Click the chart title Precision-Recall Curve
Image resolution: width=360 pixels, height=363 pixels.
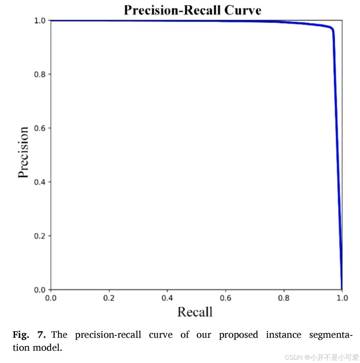[192, 10]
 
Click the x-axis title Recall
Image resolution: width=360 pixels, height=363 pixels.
[195, 312]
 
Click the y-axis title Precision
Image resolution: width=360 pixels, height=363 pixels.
[23, 152]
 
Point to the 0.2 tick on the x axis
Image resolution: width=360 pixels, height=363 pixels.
[109, 298]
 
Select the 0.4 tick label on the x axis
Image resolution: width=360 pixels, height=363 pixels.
[167, 298]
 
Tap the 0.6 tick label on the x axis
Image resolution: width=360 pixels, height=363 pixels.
[226, 298]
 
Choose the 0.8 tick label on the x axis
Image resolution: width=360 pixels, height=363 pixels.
[284, 298]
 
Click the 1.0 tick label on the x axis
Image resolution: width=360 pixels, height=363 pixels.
[342, 298]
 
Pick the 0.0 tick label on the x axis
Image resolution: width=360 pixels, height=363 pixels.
[51, 298]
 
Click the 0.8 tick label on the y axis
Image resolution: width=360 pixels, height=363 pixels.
[39, 74]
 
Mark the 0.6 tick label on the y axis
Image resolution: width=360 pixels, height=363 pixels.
[39, 128]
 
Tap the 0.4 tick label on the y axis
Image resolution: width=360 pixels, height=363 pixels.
[39, 182]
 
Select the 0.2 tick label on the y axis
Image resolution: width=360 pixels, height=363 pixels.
[39, 236]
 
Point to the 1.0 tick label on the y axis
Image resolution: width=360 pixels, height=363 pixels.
[39, 21]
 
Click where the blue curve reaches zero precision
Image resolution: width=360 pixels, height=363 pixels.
[342, 289]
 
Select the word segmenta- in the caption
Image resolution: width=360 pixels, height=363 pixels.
[330, 335]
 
